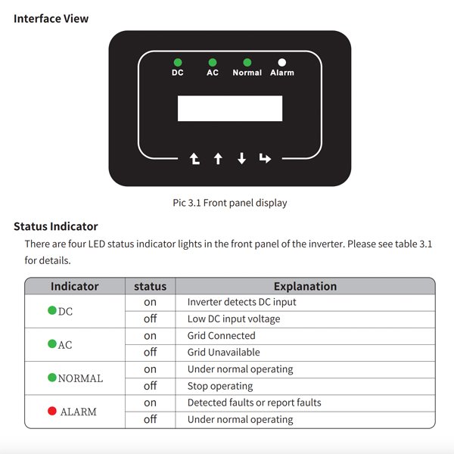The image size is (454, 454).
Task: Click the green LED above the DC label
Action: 178,62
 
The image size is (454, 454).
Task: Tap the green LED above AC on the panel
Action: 213,62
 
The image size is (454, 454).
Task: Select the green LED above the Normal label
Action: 247,62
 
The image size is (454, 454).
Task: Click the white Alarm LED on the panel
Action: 282,62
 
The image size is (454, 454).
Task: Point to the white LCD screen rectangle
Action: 230,108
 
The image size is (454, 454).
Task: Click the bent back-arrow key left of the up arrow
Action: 194,159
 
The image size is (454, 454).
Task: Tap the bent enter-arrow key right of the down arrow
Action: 265,159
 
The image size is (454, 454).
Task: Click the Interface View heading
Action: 51,18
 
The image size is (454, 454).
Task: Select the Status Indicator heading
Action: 55,226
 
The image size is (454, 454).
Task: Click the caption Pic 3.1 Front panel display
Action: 230,203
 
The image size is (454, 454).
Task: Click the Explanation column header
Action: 305,286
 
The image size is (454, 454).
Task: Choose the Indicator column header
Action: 74,286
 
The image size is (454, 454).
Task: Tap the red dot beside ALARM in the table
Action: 52,411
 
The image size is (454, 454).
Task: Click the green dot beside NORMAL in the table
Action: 52,377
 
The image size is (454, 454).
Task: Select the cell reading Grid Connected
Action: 222,335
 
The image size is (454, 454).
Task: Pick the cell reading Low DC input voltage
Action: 234,319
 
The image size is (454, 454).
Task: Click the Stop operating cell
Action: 220,386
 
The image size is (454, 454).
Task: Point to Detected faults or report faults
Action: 254,403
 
